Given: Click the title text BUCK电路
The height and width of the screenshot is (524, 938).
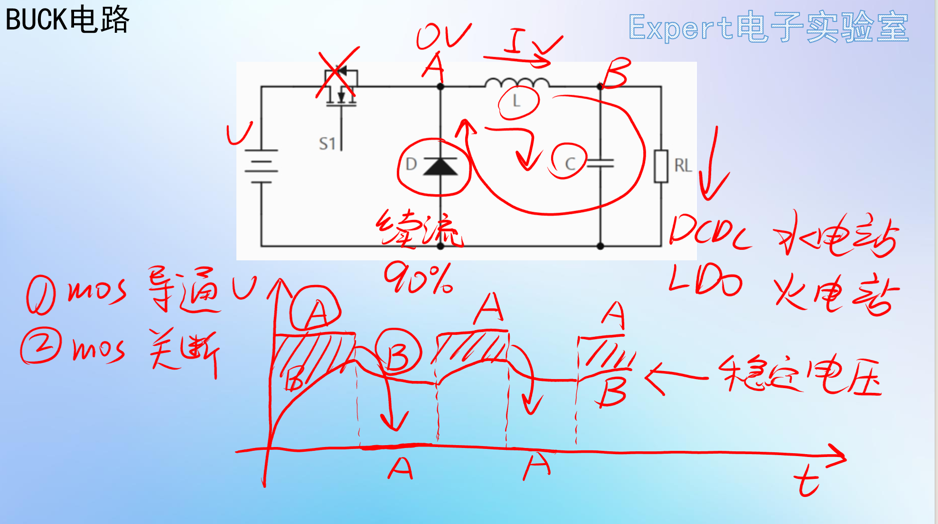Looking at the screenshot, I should click(x=67, y=20).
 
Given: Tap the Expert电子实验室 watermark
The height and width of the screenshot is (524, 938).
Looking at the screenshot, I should click(x=768, y=27).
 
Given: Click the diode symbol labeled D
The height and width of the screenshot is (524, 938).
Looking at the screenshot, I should click(x=440, y=166).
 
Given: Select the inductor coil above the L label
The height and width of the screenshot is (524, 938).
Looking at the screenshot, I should click(x=517, y=83).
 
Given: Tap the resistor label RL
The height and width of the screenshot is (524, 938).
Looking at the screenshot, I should click(x=683, y=165).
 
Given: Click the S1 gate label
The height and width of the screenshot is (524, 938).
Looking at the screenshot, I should click(x=327, y=143).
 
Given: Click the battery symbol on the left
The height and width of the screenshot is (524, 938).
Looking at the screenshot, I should click(x=261, y=166).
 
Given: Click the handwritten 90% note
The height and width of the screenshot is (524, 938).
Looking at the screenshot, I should click(x=418, y=279).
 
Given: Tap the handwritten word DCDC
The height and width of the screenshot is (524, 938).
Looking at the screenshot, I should click(x=710, y=231).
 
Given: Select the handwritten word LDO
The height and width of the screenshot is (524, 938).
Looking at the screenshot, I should click(x=705, y=281).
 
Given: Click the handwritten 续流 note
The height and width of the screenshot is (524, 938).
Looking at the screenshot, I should click(x=420, y=229).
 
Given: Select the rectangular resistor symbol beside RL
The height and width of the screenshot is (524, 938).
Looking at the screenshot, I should click(x=661, y=166).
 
